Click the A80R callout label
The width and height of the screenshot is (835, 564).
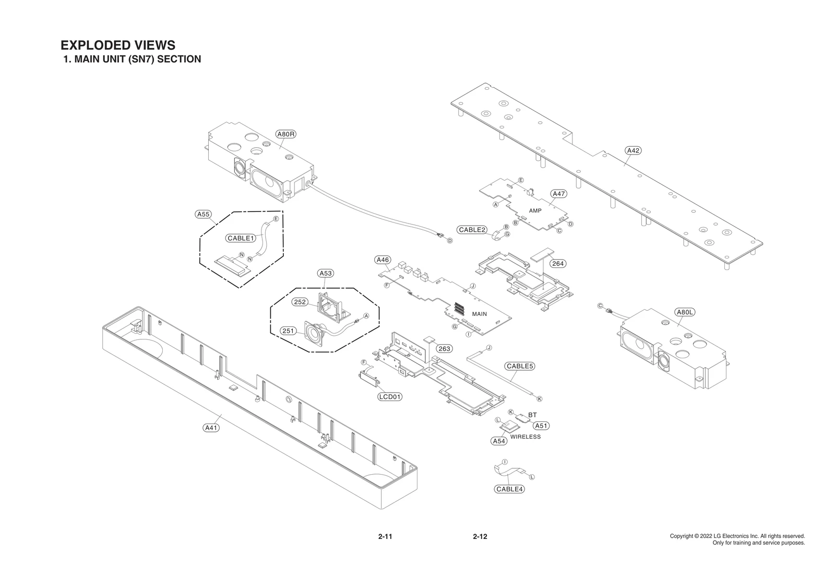click(x=286, y=134)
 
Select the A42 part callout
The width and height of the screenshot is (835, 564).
click(x=633, y=150)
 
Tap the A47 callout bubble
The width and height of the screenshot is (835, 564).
click(x=558, y=194)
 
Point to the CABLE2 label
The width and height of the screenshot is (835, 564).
click(x=472, y=230)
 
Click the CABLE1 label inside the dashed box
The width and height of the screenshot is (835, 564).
click(x=241, y=238)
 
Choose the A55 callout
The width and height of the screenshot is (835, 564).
click(x=203, y=214)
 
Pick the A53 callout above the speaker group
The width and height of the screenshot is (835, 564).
click(x=325, y=273)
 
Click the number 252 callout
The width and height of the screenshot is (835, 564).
click(x=300, y=302)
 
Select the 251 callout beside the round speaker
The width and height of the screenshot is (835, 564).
click(x=289, y=331)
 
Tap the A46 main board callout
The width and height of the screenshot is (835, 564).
click(x=383, y=260)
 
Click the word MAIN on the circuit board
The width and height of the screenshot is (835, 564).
click(x=479, y=314)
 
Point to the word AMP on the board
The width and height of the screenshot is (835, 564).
click(x=535, y=210)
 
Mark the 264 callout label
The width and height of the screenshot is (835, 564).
click(x=558, y=264)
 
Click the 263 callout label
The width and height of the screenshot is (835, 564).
click(x=444, y=348)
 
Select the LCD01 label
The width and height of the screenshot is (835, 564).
click(x=390, y=396)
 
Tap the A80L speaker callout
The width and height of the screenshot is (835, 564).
click(x=685, y=312)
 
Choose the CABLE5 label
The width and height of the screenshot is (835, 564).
click(x=520, y=366)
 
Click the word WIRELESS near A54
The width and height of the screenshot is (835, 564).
click(x=526, y=437)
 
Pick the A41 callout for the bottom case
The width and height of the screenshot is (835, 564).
click(x=211, y=428)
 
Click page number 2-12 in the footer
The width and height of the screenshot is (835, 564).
click(x=480, y=536)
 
